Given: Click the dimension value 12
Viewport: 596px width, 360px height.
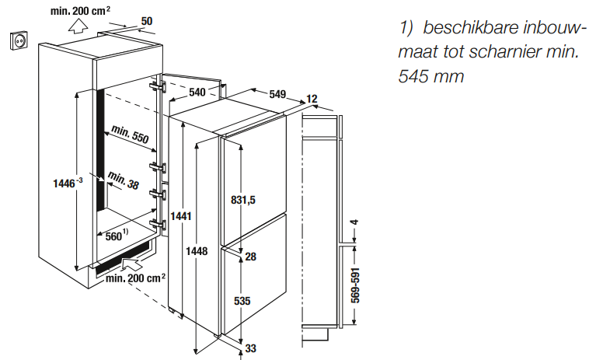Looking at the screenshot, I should coord(312,99).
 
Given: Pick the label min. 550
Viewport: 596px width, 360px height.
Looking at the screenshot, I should coord(129,135).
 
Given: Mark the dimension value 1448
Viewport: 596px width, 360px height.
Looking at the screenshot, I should coord(197,250).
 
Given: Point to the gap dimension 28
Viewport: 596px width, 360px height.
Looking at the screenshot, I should coord(250,257).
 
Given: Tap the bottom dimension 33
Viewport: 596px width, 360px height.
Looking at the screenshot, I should coord(250,349).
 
